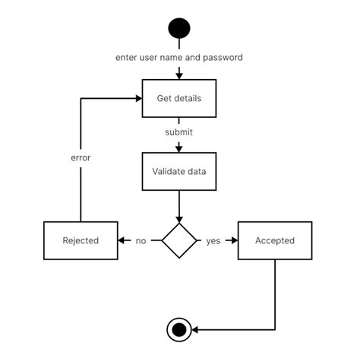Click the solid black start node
[x=179, y=28]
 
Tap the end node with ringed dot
[x=179, y=329]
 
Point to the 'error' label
[x=81, y=157]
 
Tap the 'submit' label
[x=178, y=132]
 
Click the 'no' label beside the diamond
[x=141, y=240]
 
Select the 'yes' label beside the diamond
[x=213, y=241]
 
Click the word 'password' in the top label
[x=223, y=58]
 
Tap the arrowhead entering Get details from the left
[x=139, y=98]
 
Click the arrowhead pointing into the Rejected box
[x=122, y=240]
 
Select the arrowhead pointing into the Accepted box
[x=235, y=240]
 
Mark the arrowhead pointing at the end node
[x=194, y=329]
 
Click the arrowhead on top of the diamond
[x=179, y=220]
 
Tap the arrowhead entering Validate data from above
[x=179, y=149]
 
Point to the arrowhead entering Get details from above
[x=179, y=76]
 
